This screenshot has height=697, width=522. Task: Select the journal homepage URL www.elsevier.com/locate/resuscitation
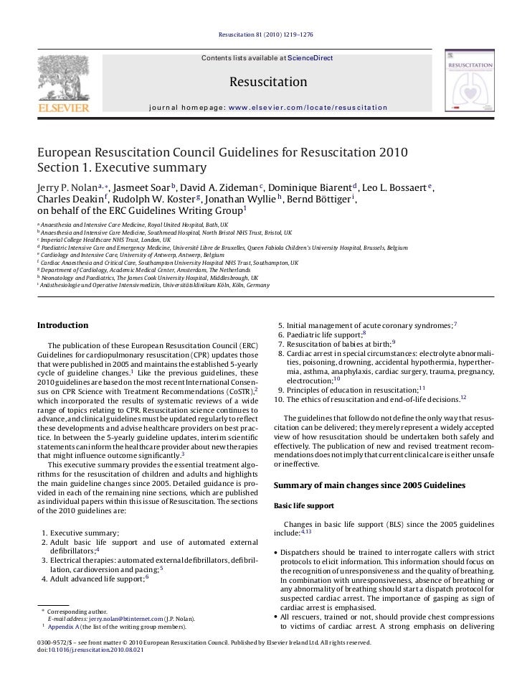(307, 107)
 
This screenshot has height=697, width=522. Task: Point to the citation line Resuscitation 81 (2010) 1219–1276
(261, 14)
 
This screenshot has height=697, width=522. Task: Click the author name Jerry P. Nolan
(67, 187)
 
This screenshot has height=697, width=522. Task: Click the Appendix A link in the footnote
(64, 626)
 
